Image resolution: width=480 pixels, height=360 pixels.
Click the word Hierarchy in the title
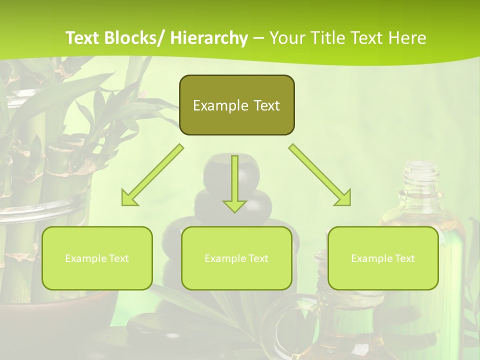pos(209,38)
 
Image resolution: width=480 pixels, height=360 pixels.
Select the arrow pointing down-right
pos(320,175)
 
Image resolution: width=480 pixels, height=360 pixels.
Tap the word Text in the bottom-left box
pos(118,258)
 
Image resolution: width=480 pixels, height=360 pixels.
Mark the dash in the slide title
pos(258,38)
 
